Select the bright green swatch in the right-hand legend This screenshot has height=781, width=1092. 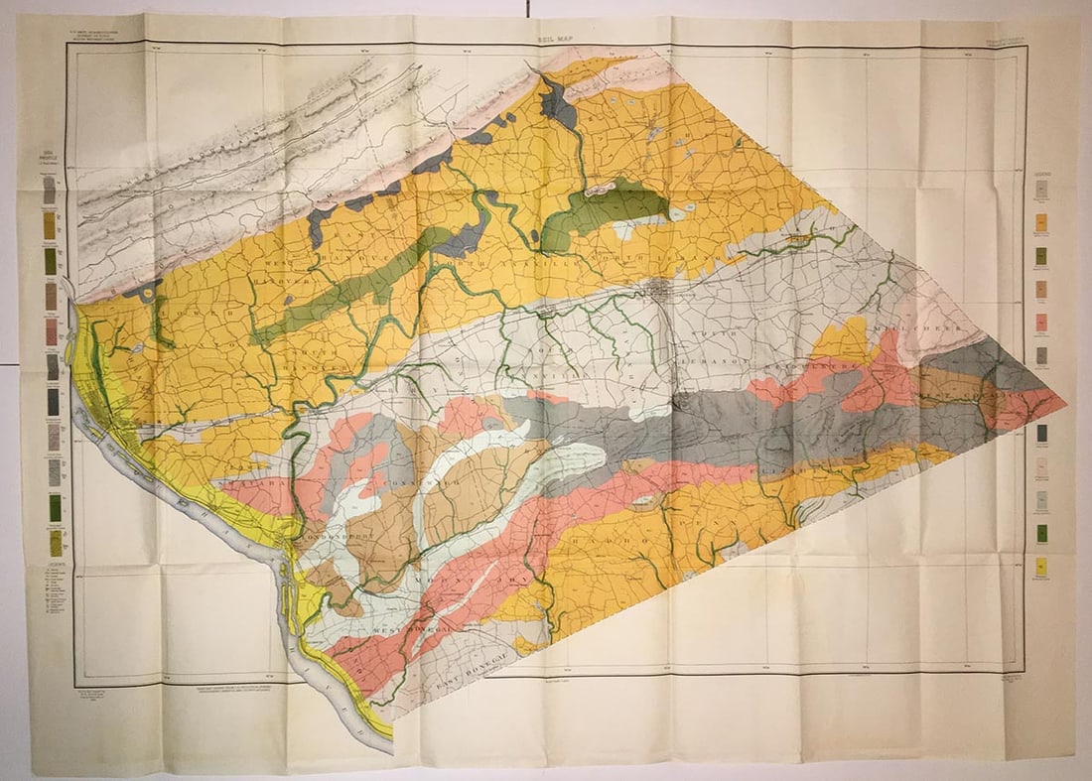[x=1041, y=533]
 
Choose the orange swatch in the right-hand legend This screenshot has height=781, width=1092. [x=1041, y=222]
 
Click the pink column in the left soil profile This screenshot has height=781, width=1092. [x=50, y=331]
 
